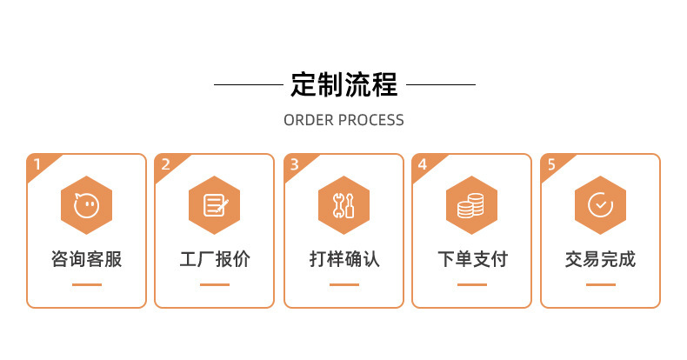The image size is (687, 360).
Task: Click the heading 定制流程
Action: point(343,85)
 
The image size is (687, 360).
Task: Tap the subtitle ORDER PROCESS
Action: point(343,120)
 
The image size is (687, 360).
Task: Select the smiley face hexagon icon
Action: point(86,205)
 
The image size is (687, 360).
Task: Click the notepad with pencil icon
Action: point(215,205)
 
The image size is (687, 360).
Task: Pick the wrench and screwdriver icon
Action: point(343,205)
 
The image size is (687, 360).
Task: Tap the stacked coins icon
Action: point(471,205)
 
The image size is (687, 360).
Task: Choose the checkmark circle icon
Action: point(600,205)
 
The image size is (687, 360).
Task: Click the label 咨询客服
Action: point(86,259)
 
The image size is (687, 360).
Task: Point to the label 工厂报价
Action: point(215,259)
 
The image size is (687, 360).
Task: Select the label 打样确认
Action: point(343,259)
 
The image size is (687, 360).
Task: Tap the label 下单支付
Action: point(471,259)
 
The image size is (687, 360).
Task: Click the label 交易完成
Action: point(600,259)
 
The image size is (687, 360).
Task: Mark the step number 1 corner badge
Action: point(37,163)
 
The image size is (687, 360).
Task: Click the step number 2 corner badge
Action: point(166,163)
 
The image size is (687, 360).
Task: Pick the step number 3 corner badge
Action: point(295,163)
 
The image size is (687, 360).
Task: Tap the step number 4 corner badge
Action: point(423,163)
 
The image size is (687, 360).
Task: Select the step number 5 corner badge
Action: point(551,163)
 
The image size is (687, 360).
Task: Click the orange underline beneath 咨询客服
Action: point(86,284)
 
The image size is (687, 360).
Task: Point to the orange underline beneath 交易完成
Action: point(600,284)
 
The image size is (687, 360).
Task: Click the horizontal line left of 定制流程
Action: point(248,85)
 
